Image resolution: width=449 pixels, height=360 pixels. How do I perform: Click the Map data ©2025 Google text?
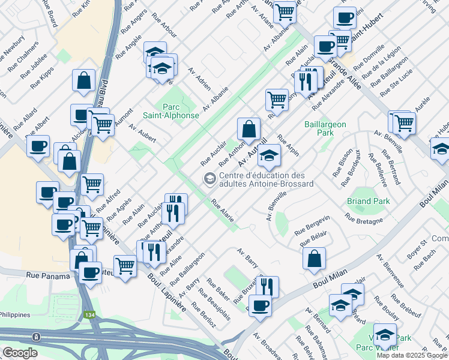point(412,355)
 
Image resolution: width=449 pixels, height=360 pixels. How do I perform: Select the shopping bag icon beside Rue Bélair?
point(314,259)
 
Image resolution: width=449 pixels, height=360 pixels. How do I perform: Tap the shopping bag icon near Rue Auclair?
point(248,128)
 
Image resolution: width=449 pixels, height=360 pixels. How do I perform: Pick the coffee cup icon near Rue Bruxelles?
point(260,305)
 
